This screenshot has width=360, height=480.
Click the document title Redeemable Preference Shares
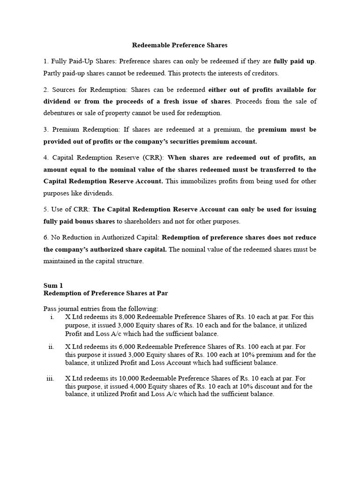click(x=180, y=45)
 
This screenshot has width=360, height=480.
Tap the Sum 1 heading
click(x=53, y=285)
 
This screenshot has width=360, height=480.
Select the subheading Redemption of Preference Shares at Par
click(x=105, y=293)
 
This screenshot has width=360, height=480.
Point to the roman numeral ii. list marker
click(x=52, y=347)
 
